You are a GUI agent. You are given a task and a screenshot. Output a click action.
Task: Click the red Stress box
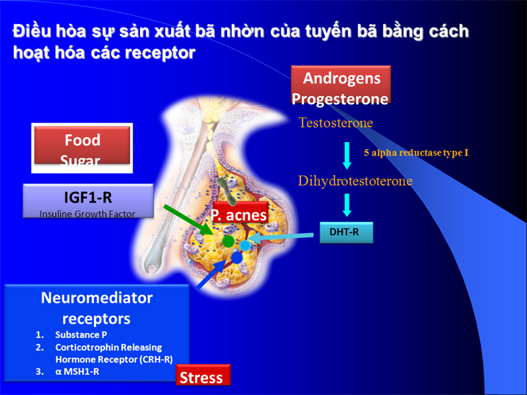pyautogui.click(x=203, y=375)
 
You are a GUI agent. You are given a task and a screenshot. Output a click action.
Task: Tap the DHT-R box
pyautogui.click(x=346, y=232)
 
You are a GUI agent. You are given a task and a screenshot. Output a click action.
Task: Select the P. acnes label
pyautogui.click(x=240, y=214)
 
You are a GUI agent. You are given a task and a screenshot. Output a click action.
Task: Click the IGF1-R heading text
pyautogui.click(x=88, y=197)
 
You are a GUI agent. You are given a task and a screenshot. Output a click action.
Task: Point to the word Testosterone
pyautogui.click(x=336, y=123)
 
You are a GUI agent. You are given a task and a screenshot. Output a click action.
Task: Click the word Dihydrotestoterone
pyautogui.click(x=355, y=181)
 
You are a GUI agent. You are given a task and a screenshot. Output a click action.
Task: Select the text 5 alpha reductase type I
pyautogui.click(x=416, y=153)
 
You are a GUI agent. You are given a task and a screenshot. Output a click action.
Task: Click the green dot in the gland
pyautogui.click(x=229, y=241)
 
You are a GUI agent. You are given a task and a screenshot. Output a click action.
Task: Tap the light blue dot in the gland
pyautogui.click(x=245, y=246)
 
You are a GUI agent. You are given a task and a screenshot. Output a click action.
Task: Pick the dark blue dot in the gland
pyautogui.click(x=237, y=258)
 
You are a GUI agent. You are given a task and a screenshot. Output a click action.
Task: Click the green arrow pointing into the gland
pyautogui.click(x=188, y=219)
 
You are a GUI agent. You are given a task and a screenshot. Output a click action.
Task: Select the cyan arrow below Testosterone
pyautogui.click(x=347, y=156)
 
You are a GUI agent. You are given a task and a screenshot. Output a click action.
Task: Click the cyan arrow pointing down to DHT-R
pyautogui.click(x=347, y=205)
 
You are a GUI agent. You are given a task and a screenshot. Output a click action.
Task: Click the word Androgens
pyautogui.click(x=342, y=79)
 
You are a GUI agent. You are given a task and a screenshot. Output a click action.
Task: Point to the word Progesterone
pyautogui.click(x=340, y=99)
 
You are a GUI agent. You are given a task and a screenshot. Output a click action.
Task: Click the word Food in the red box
pyautogui.click(x=82, y=140)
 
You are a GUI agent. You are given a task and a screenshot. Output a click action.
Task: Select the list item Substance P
pyautogui.click(x=81, y=335)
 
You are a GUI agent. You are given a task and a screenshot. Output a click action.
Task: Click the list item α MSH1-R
pyautogui.click(x=77, y=372)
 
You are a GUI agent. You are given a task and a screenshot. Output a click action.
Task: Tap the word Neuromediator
pyautogui.click(x=97, y=298)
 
